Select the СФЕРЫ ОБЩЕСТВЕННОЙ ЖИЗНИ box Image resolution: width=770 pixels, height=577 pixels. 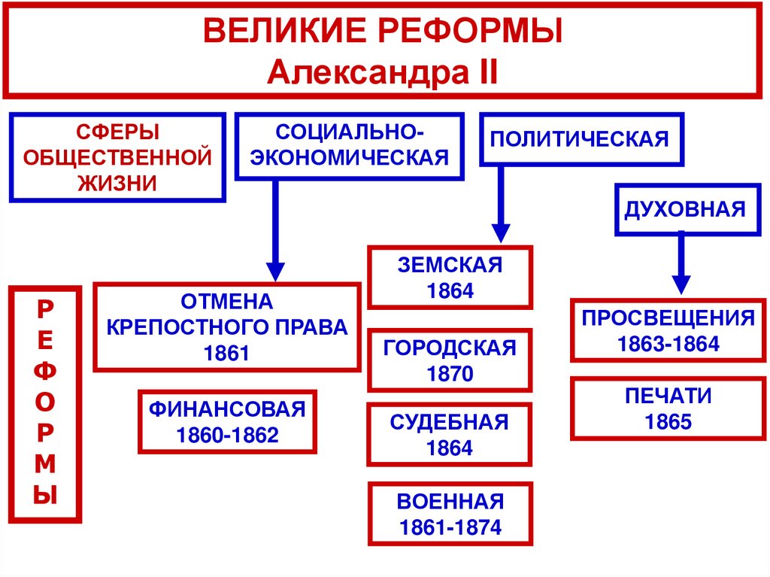[117, 157]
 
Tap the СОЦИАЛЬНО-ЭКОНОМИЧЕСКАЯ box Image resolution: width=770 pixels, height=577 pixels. [349, 146]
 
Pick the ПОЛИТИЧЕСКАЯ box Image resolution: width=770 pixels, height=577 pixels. [581, 138]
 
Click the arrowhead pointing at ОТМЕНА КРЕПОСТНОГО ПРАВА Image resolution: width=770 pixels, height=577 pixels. [275, 270]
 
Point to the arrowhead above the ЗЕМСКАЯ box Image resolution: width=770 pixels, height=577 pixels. [500, 232]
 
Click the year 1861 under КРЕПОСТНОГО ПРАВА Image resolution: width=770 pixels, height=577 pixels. [226, 354]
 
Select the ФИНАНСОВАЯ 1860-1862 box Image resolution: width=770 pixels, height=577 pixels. [227, 422]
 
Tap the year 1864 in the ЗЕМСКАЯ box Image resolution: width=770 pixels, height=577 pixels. [450, 291]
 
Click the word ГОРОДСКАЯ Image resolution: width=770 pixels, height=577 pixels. [450, 348]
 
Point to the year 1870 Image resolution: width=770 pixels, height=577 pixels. [450, 374]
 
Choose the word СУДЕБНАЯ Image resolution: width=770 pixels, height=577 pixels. [450, 422]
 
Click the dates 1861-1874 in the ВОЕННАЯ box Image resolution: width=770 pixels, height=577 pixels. [450, 527]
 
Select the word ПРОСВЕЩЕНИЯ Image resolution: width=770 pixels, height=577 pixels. [668, 317]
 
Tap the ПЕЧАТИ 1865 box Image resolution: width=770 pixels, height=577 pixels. [668, 408]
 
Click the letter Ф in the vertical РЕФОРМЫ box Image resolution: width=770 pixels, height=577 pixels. [46, 372]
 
